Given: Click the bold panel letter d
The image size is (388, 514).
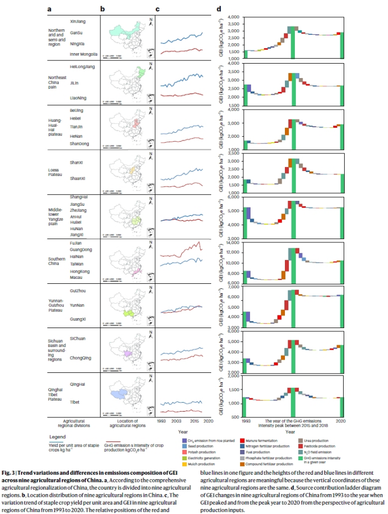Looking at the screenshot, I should pyautogui.click(x=220, y=9).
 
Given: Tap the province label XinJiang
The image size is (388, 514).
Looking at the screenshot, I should pyautogui.click(x=78, y=21).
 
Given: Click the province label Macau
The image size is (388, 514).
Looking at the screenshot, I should pyautogui.click(x=77, y=279).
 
